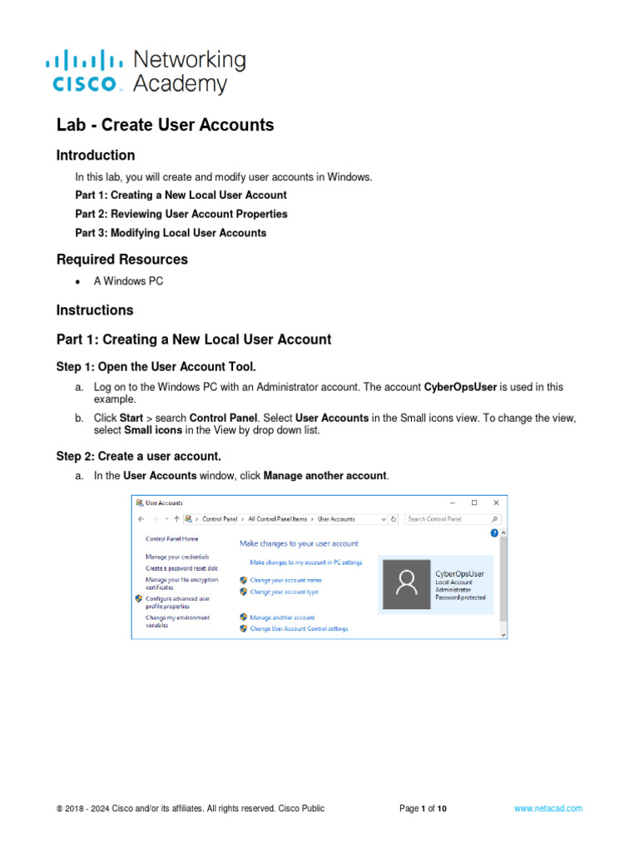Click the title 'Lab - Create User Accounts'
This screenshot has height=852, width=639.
point(165,125)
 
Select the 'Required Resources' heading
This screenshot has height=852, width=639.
point(121,259)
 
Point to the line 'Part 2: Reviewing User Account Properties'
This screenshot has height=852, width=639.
point(181,214)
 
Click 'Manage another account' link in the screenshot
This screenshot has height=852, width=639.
point(282,617)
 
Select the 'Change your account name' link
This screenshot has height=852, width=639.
point(285,580)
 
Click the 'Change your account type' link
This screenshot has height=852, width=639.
point(284,592)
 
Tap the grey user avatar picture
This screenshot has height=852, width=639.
point(406,584)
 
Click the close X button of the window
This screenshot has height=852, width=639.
point(496,503)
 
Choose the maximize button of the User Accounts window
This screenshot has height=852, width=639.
point(474,503)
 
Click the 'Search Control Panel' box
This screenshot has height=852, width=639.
point(447,518)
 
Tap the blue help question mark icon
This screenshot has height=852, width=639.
point(494,532)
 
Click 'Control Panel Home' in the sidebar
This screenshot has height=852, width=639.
point(172,539)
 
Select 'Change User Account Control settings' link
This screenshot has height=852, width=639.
point(299,628)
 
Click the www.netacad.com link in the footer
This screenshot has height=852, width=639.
point(547,808)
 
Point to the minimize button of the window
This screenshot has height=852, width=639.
point(453,503)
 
